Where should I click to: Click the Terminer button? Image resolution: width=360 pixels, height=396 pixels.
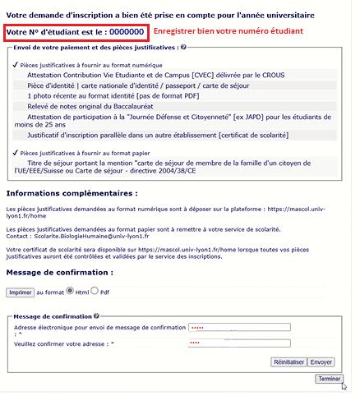329,379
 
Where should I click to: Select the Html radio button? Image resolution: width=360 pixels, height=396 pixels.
69,291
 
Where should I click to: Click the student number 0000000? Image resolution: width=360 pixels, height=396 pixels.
128,32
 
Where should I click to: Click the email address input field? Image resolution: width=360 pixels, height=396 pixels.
239,328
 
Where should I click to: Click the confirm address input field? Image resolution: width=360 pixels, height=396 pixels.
239,343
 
